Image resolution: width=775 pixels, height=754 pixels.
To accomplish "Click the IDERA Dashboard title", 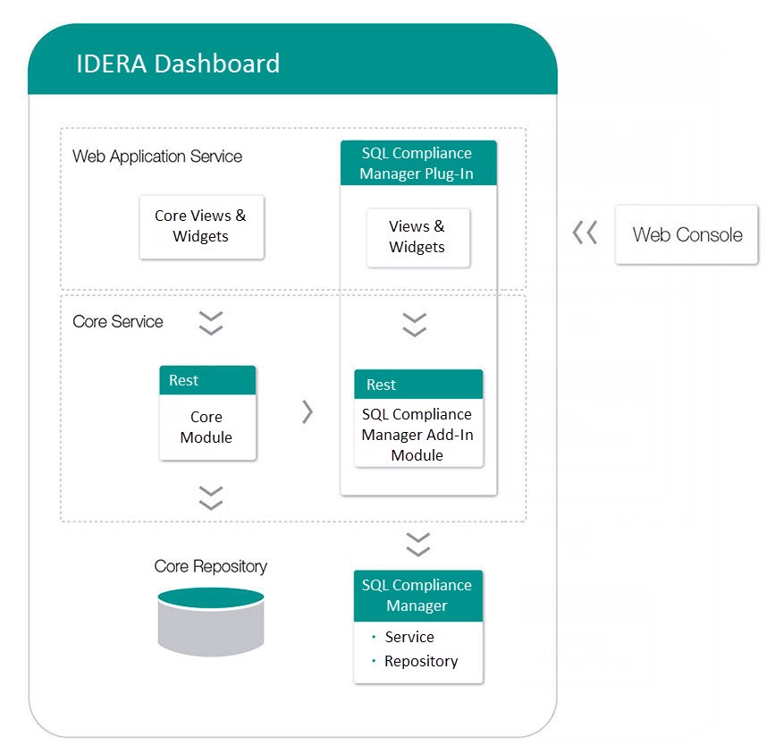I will pyautogui.click(x=177, y=64).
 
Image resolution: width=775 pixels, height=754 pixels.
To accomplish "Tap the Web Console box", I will pyautogui.click(x=687, y=235).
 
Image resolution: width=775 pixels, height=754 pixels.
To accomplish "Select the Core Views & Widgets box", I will pyautogui.click(x=201, y=226).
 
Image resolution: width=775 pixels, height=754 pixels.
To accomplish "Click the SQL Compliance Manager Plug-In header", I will pyautogui.click(x=417, y=163).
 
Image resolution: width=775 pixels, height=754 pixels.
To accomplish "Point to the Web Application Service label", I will pyautogui.click(x=157, y=157).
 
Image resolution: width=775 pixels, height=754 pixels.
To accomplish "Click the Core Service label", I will pyautogui.click(x=118, y=322).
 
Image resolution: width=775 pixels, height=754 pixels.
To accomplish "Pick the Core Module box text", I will pyautogui.click(x=206, y=428).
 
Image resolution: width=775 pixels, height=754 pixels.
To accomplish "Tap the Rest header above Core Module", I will pyautogui.click(x=206, y=380).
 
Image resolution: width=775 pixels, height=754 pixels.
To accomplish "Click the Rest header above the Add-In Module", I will pyautogui.click(x=417, y=385).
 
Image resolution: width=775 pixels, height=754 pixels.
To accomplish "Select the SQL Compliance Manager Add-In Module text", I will pyautogui.click(x=417, y=435).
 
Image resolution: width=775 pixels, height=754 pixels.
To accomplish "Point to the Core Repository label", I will pyautogui.click(x=210, y=566).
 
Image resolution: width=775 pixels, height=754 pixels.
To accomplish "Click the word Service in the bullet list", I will pyautogui.click(x=409, y=637).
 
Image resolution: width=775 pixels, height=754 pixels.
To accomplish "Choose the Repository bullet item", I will pyautogui.click(x=421, y=661).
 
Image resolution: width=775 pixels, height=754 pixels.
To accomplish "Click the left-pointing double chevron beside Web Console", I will pyautogui.click(x=585, y=234).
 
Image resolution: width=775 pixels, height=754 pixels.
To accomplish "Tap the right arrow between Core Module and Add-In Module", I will pyautogui.click(x=307, y=411).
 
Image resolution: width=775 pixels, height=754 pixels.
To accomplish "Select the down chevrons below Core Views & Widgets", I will pyautogui.click(x=211, y=323).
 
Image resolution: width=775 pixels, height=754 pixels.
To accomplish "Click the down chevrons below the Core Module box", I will pyautogui.click(x=211, y=497).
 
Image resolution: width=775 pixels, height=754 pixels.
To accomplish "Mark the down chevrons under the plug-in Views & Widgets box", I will pyautogui.click(x=415, y=324).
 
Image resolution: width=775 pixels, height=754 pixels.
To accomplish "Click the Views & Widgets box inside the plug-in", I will pyautogui.click(x=417, y=237).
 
